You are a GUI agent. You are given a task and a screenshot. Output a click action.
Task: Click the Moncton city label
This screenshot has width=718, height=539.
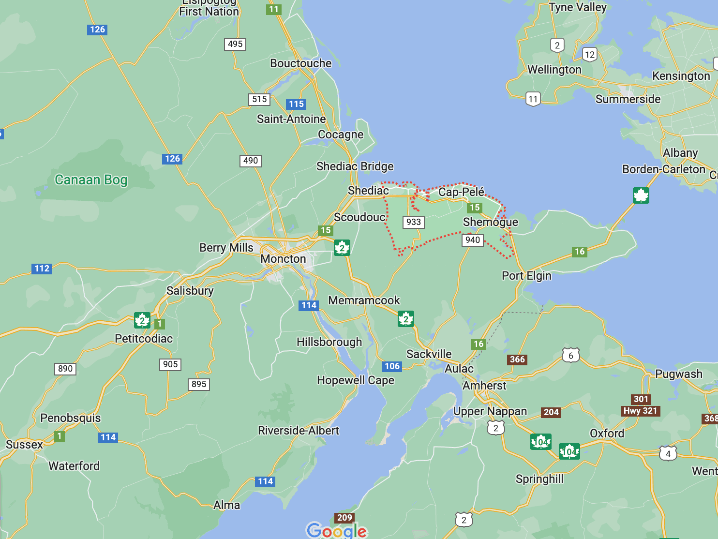tap(283, 259)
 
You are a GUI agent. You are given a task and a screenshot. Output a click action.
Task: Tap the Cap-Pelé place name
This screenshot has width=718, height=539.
tap(461, 192)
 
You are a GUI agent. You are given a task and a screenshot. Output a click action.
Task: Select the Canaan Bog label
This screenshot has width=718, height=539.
tap(91, 180)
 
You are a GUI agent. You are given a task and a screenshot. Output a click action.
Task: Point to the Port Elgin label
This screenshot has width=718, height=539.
tap(526, 276)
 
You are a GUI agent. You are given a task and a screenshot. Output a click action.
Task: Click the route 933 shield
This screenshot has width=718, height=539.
tap(414, 222)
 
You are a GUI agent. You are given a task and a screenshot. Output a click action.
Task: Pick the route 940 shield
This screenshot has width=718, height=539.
tap(473, 240)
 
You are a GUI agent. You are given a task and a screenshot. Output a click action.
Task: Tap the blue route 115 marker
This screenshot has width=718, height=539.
tap(296, 104)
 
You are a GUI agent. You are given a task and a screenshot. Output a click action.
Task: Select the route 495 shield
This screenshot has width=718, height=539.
tap(235, 44)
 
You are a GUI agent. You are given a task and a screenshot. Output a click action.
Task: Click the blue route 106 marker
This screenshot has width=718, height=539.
tap(392, 366)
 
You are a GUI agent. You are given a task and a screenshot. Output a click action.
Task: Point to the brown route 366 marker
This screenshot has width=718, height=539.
tap(517, 359)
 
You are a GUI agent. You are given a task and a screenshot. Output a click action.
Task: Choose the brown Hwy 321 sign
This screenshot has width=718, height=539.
tap(641, 411)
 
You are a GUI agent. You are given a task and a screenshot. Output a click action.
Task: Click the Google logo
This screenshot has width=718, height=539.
tap(337, 530)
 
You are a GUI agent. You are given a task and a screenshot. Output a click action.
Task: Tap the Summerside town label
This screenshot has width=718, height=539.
tap(628, 99)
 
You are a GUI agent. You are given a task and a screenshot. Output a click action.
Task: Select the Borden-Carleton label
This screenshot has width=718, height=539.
tap(663, 169)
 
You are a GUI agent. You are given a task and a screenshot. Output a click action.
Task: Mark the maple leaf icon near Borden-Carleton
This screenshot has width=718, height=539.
tap(641, 195)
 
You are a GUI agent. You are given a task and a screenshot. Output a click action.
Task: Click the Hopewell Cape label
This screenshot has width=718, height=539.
tap(355, 380)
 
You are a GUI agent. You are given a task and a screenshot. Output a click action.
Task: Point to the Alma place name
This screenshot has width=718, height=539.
tap(226, 505)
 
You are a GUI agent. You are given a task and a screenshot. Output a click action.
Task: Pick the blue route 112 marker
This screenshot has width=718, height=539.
tap(42, 269)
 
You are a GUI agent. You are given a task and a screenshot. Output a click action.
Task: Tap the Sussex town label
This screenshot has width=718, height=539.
tap(24, 445)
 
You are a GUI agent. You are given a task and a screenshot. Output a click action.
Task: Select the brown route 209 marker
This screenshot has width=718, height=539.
tap(344, 518)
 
